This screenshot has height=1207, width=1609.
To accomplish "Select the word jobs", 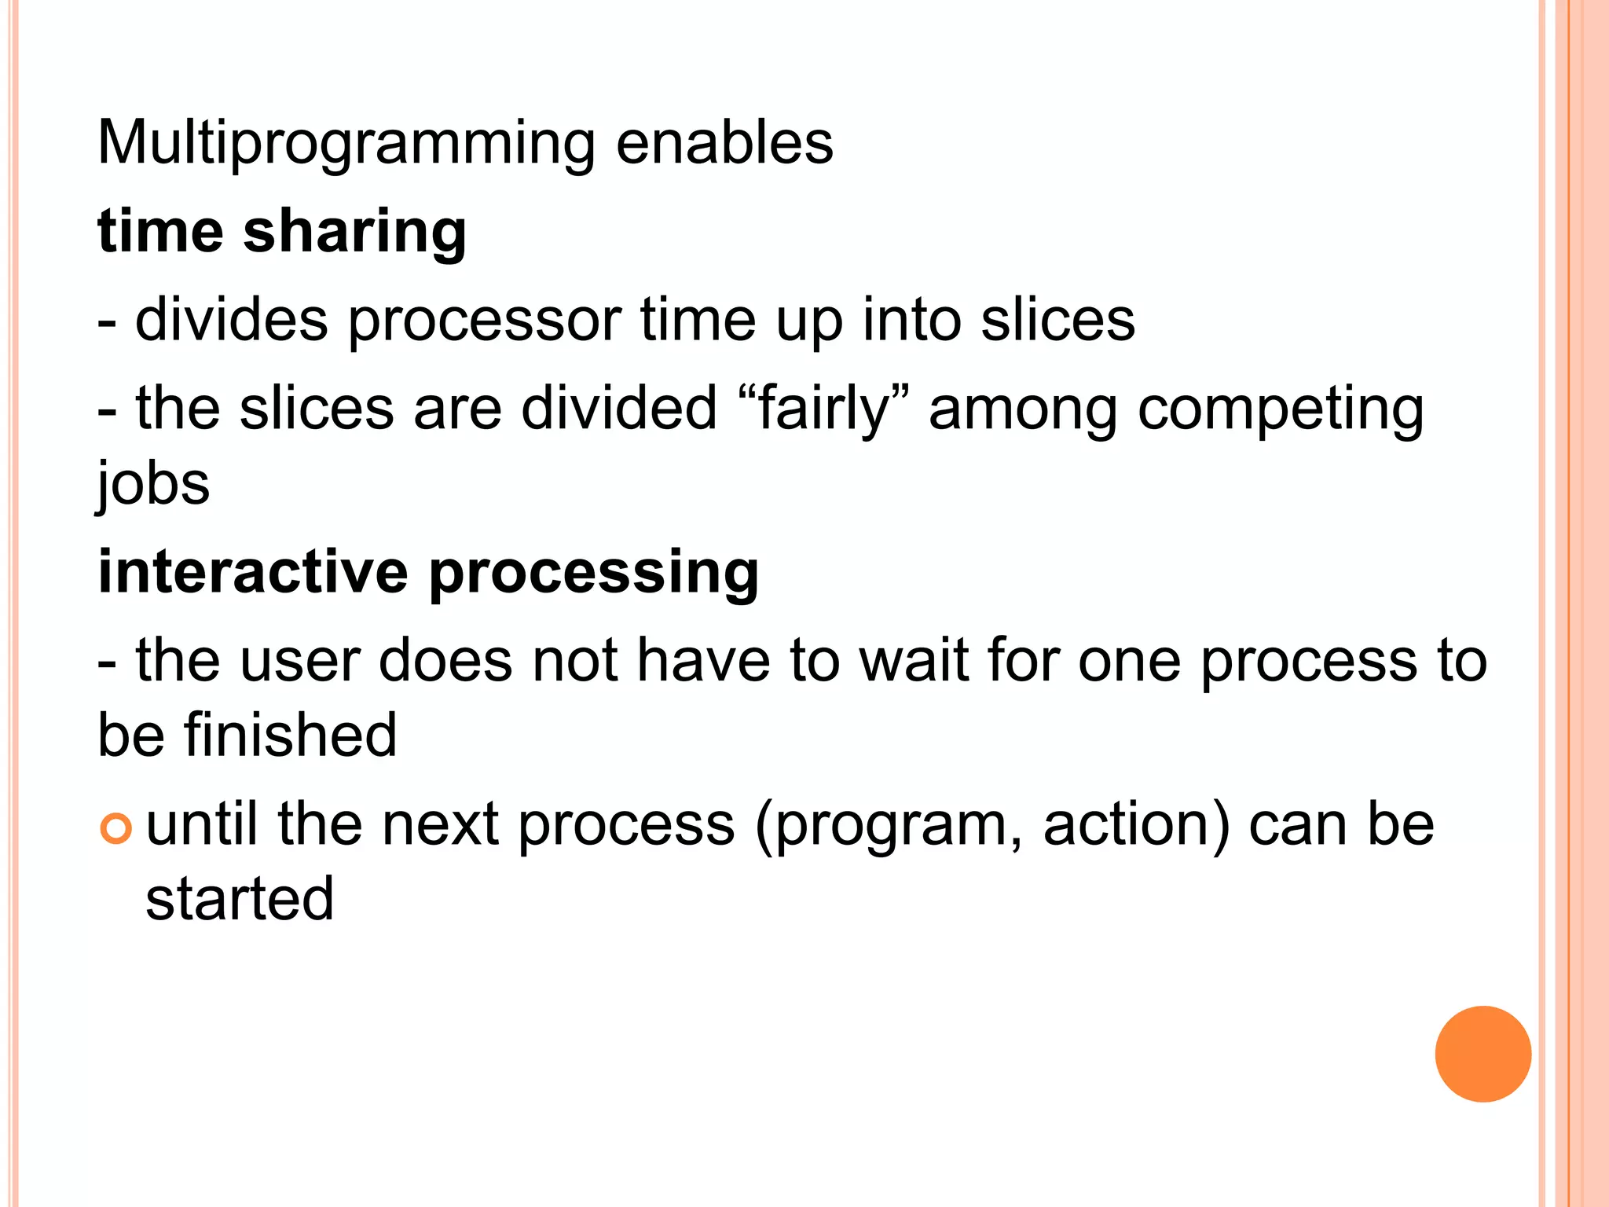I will tap(153, 483).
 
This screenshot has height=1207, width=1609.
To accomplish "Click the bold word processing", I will tap(594, 574).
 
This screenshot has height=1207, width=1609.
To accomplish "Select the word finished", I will tap(291, 734).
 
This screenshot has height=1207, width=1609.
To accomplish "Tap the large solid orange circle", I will tap(1483, 1054).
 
